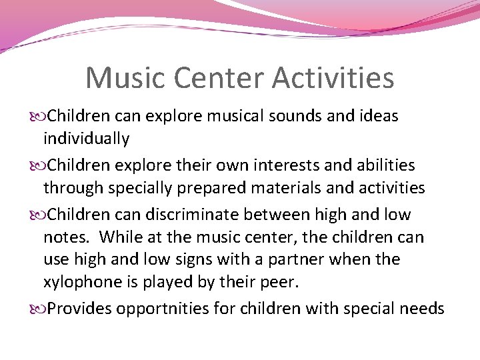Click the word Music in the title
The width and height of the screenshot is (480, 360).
point(124,77)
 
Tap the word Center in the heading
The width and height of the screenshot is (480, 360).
point(223,77)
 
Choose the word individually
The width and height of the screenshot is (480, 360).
point(86,139)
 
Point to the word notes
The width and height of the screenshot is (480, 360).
point(64,237)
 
